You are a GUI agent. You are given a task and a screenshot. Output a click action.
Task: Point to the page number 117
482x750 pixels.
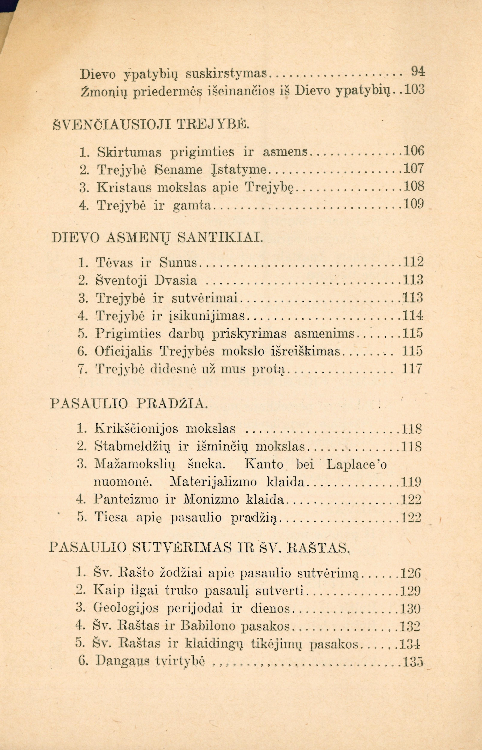click(412, 369)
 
